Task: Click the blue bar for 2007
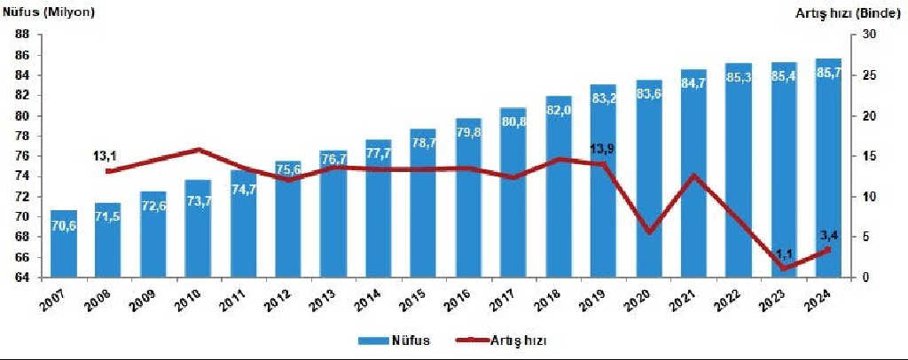63,244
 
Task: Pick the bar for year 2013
333,214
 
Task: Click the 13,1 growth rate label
106,157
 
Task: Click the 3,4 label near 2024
828,234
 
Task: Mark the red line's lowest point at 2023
783,268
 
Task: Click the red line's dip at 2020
649,232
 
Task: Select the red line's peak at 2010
199,150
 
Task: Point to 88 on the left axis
21,35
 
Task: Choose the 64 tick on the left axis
21,278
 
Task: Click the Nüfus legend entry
395,340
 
